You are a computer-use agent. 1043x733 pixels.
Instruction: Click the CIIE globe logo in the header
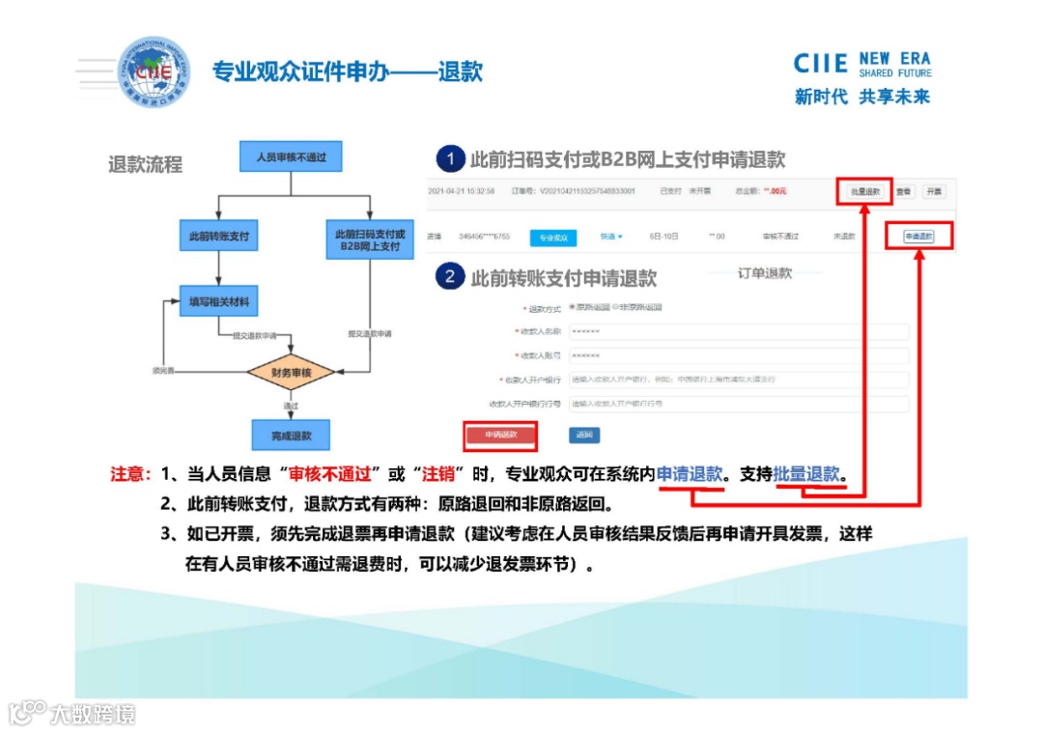point(154,71)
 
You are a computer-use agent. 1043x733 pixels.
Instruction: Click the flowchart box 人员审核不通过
point(290,156)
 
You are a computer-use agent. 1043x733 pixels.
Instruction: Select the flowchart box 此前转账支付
point(219,235)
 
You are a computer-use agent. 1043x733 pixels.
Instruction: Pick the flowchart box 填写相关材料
point(219,302)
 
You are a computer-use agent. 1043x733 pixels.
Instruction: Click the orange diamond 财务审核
point(290,372)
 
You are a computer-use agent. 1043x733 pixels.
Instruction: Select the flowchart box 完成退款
point(290,436)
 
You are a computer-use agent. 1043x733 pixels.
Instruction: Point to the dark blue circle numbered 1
point(449,159)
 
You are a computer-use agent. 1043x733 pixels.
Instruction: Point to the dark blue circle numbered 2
point(449,278)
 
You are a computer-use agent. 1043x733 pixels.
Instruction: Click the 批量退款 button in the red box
point(864,192)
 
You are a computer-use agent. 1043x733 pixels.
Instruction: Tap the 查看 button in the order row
point(903,192)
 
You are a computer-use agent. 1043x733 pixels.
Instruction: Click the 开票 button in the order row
point(933,192)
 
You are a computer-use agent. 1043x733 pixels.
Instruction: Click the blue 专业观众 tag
point(552,237)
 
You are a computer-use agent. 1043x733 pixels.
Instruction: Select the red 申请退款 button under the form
point(500,436)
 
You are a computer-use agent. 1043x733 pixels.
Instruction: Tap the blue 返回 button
point(583,436)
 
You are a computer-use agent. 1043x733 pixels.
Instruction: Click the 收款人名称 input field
point(738,331)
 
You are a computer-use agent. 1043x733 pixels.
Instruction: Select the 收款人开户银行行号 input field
point(738,404)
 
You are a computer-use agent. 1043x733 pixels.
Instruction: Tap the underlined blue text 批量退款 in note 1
point(807,475)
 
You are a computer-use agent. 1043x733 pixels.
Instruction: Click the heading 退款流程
point(145,165)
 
